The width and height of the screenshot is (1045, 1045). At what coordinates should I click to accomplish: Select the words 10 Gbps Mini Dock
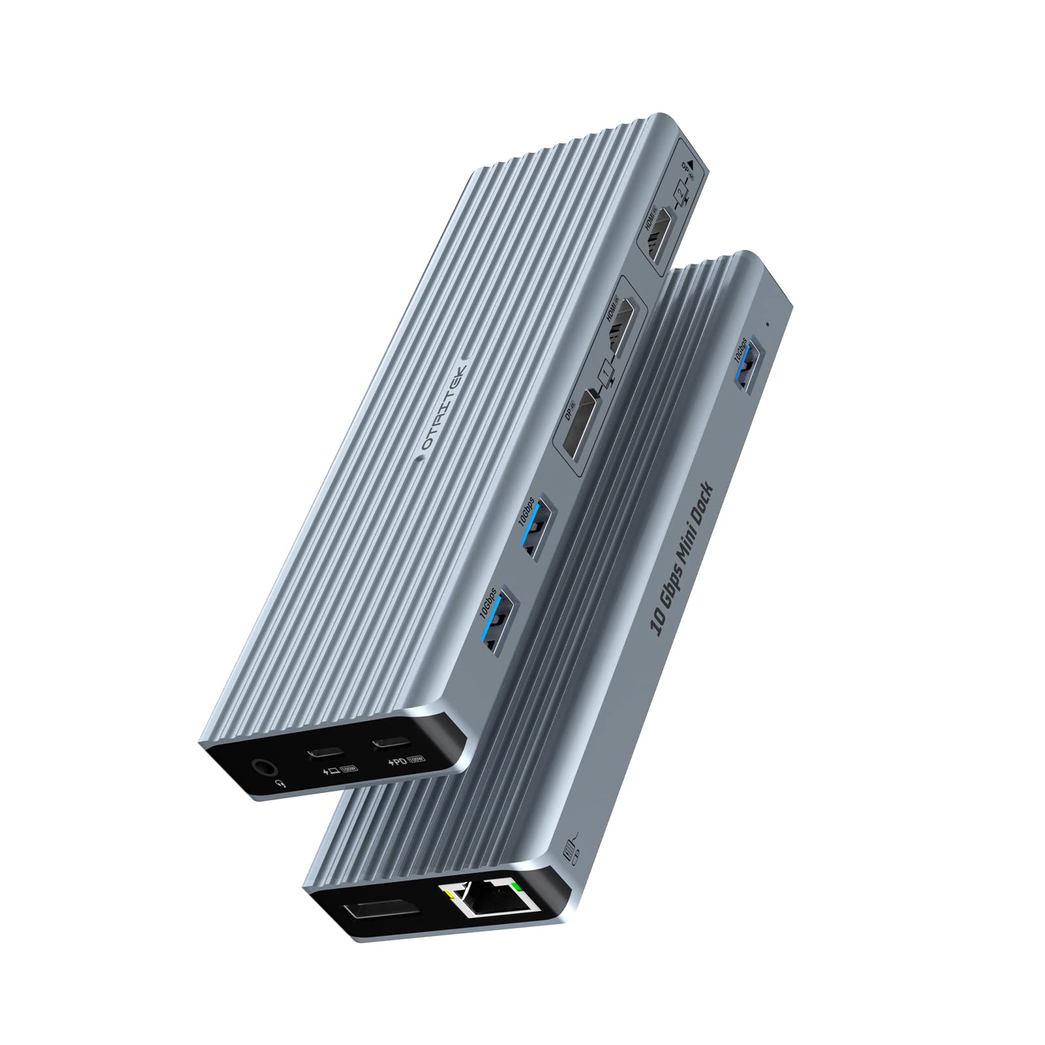click(x=683, y=553)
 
